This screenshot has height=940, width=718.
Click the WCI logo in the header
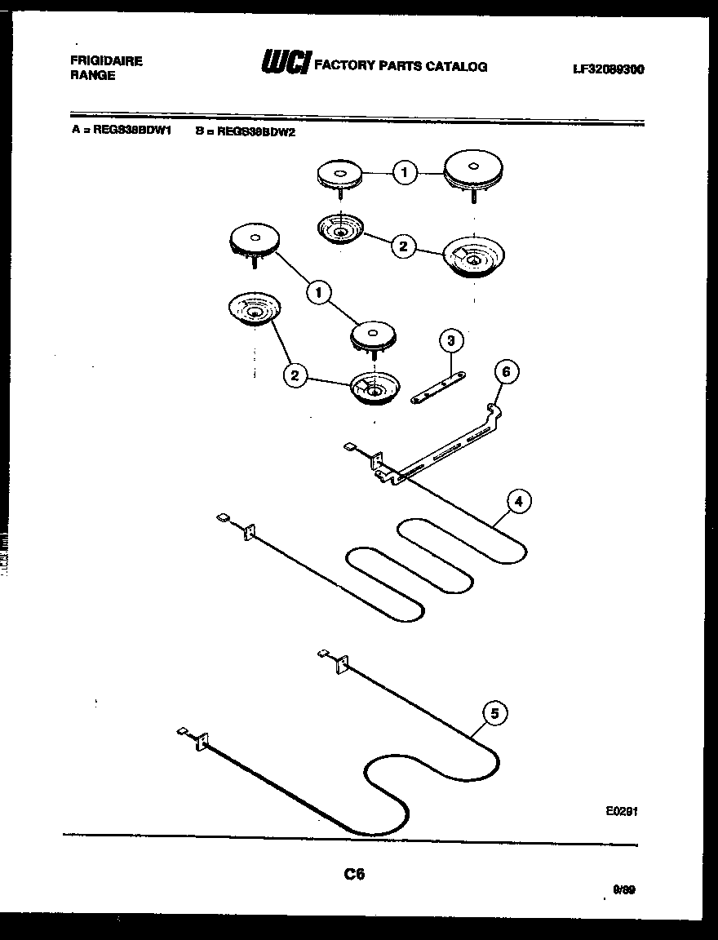pos(284,63)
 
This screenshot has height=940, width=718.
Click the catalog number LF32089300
pos(608,69)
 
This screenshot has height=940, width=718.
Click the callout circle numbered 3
pos(450,341)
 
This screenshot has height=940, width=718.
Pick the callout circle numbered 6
pos(506,372)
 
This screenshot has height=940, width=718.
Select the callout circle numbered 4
pos(518,501)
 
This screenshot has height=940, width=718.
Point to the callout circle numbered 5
pos(494,713)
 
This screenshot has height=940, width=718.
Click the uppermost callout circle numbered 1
pos(405,172)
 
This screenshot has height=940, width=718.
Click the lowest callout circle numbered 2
pos(295,375)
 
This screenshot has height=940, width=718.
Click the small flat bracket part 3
pos(439,385)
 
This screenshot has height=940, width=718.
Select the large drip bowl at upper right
pos(473,258)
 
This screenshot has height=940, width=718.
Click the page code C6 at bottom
pos(354,874)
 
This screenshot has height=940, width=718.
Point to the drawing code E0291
pos(622,812)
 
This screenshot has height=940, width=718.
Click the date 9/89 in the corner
pos(623,890)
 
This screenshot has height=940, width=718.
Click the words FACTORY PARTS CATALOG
pos(401,66)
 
